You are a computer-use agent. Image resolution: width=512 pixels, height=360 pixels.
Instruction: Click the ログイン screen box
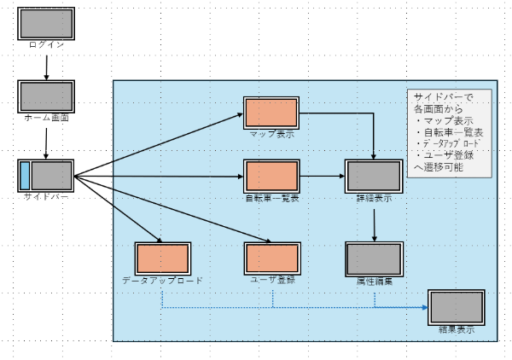pos(46,23)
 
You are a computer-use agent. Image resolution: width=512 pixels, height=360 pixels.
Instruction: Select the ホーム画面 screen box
pos(46,96)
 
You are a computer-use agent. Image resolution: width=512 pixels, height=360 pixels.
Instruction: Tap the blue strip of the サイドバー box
pos(25,176)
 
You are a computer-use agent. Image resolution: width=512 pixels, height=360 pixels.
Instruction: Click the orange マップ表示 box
pos(271,113)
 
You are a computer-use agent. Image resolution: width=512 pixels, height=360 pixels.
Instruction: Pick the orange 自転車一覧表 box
pos(271,176)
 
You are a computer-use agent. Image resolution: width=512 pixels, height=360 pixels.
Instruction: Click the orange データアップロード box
pos(161,258)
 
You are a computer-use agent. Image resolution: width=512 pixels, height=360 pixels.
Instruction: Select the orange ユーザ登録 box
pos(271,258)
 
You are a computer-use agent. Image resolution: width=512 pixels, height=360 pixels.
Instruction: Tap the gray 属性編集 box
pos(374,258)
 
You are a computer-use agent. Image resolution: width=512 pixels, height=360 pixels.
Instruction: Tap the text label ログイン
pos(46,44)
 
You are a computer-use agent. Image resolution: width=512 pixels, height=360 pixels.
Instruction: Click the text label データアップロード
pos(161,280)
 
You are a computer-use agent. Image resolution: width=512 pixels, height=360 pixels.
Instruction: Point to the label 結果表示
pos(456,328)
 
